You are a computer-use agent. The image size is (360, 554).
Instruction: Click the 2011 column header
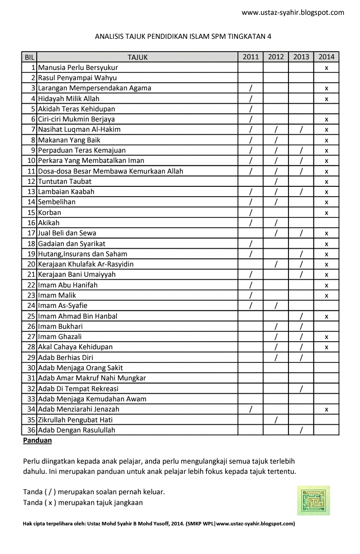(x=251, y=57)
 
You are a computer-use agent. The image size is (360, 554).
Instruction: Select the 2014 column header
(x=326, y=57)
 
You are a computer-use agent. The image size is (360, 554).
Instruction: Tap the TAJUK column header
(x=137, y=57)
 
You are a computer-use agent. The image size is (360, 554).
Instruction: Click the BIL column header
(x=29, y=57)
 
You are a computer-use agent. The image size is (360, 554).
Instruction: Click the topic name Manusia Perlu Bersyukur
(x=78, y=67)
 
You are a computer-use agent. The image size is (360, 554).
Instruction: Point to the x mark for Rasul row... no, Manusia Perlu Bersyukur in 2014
(x=326, y=68)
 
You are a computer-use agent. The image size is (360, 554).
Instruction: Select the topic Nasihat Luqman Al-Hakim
(x=80, y=130)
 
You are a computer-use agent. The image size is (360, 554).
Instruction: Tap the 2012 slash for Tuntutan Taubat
(x=276, y=181)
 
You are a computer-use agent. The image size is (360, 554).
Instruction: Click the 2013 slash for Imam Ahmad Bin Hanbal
(x=301, y=316)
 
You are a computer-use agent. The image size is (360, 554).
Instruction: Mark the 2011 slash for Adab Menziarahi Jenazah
(x=251, y=410)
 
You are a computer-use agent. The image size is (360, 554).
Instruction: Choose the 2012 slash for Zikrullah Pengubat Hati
(x=276, y=420)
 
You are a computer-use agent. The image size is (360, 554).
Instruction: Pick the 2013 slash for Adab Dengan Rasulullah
(x=301, y=430)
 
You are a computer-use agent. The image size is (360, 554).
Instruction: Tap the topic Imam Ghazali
(x=60, y=337)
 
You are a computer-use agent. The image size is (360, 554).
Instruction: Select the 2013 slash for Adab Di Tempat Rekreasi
(x=301, y=389)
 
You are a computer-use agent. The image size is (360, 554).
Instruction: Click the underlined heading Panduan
(x=37, y=440)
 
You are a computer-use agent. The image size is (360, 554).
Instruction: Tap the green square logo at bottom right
(x=314, y=500)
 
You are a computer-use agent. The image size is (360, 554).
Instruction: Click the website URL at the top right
(x=293, y=12)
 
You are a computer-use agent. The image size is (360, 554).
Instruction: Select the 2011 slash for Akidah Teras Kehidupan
(x=251, y=109)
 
